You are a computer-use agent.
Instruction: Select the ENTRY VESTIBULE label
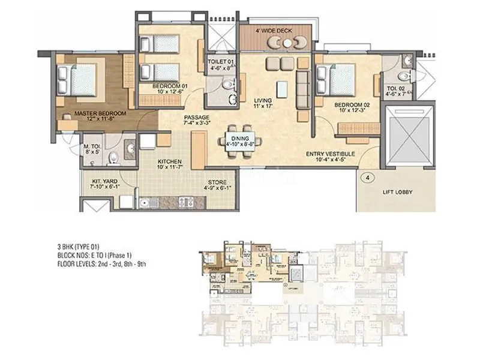pos(330,154)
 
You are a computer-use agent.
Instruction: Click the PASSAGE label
pos(196,118)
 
